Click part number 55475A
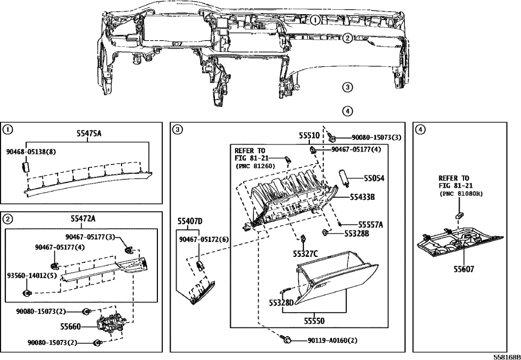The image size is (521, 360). point(88,134)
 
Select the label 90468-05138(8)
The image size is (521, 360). point(31,152)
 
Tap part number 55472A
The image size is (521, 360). point(82,218)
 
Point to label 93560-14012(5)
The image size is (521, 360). point(32,276)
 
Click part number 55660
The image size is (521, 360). point(71,327)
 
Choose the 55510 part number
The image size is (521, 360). point(309,135)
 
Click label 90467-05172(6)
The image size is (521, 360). point(204,239)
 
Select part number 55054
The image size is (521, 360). point(374,179)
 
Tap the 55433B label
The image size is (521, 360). point(362,198)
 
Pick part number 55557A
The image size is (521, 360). point(371,225)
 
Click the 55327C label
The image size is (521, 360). point(305,254)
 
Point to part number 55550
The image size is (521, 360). point(314,321)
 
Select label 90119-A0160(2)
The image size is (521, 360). point(333,340)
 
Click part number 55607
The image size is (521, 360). point(464,269)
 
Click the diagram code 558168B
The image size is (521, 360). point(507,357)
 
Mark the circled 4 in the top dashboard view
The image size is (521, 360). point(347,111)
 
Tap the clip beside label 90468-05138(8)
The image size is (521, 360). point(26,166)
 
